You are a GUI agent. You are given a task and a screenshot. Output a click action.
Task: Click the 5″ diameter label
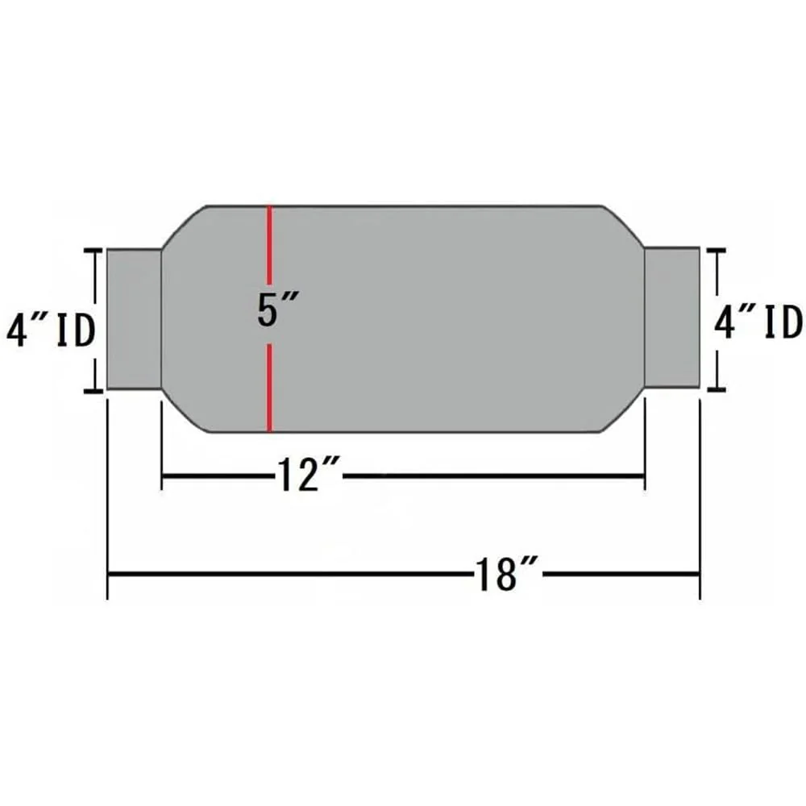click(x=278, y=309)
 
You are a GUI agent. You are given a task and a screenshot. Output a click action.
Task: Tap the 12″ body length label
click(x=309, y=476)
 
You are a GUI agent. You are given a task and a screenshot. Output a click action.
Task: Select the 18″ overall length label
click(x=506, y=574)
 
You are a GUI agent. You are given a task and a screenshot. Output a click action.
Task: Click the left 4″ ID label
click(x=50, y=330)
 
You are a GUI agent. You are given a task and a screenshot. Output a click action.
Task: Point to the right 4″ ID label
click(x=758, y=323)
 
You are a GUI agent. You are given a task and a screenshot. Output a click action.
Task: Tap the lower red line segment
click(x=269, y=388)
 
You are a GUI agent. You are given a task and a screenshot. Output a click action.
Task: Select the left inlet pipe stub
click(x=134, y=319)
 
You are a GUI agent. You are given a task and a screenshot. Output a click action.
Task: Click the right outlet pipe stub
click(x=672, y=317)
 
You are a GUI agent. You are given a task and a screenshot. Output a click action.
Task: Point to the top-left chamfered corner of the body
click(x=185, y=228)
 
